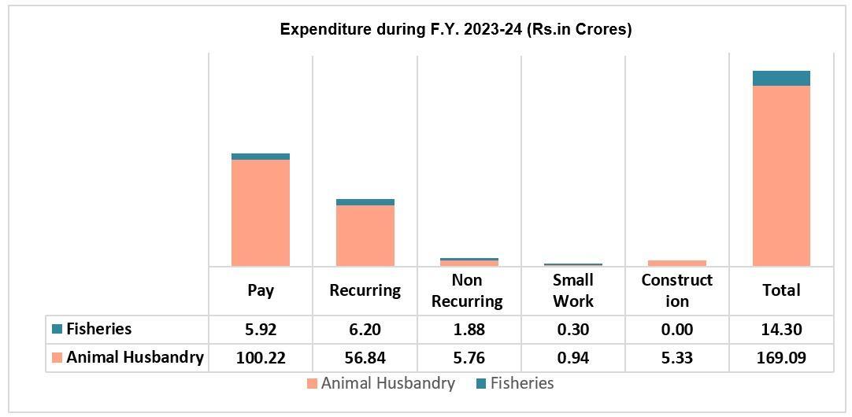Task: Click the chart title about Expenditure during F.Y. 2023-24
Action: [x=456, y=30]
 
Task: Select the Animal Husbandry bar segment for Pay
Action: [x=261, y=212]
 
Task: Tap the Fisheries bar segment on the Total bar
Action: [x=781, y=78]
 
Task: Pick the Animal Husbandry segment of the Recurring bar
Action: [x=365, y=235]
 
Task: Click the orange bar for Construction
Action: [x=677, y=263]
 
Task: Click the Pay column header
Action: [x=261, y=290]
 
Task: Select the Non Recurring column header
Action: [x=468, y=290]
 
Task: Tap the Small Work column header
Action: [x=572, y=290]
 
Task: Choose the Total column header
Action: [x=781, y=290]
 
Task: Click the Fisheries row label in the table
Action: [x=98, y=329]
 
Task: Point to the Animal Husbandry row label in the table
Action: [x=135, y=358]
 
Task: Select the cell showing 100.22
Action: [x=261, y=358]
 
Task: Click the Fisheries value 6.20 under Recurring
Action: [x=365, y=330]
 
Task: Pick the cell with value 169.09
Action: [x=781, y=358]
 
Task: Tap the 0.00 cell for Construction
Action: [x=677, y=330]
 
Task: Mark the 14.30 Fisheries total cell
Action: [x=781, y=330]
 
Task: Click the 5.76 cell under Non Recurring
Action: [x=468, y=358]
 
